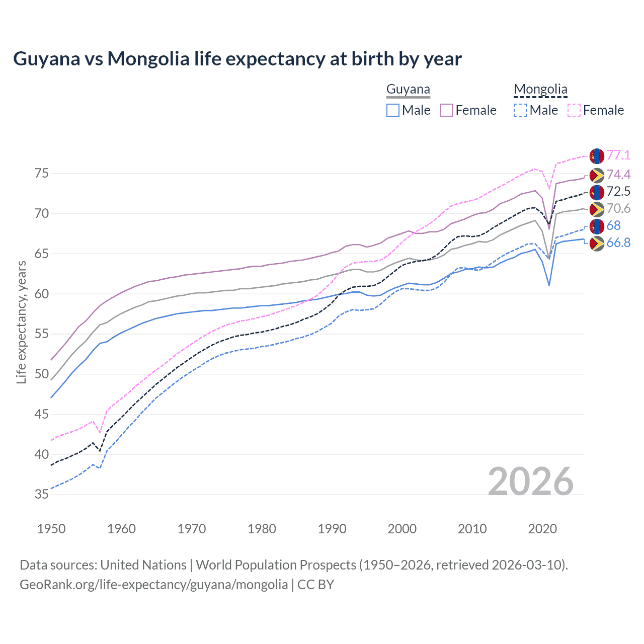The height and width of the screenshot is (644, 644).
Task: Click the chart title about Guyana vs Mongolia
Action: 237,59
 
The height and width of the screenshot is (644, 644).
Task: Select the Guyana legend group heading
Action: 408,90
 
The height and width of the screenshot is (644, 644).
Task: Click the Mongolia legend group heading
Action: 540,90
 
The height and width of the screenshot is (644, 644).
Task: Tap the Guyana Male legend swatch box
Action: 393,110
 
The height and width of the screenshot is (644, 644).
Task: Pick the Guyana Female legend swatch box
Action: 447,110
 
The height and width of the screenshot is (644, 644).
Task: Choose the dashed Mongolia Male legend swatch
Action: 520,110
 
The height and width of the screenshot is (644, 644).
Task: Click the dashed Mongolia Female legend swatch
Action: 574,110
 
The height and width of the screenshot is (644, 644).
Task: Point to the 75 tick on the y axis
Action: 42,174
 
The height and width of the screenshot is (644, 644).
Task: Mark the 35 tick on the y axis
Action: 42,495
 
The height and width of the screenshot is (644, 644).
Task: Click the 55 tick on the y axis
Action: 42,334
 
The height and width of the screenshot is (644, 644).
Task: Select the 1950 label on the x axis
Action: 51,529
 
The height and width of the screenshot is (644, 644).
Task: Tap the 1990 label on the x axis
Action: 332,529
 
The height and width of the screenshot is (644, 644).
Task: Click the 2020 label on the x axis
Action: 542,529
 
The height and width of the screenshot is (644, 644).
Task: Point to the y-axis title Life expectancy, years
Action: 22,322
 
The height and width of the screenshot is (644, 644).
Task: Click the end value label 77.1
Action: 618,155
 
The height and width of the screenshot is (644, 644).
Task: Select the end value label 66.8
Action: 618,243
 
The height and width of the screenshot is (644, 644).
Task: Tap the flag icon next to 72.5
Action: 596,191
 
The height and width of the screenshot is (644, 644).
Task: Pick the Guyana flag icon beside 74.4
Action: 596,175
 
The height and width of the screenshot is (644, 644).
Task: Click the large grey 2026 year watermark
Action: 531,481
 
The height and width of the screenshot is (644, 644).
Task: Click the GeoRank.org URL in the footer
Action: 153,585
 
